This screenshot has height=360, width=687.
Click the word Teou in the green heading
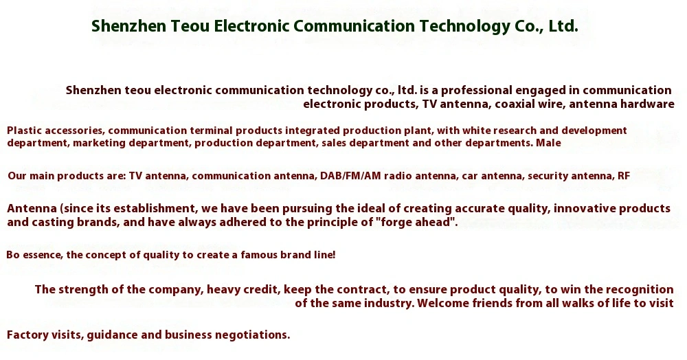point(190,26)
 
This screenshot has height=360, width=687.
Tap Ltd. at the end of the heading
point(563,26)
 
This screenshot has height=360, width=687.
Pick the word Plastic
point(24,131)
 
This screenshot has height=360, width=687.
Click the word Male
point(548,143)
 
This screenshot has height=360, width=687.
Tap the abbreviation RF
point(624,176)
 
